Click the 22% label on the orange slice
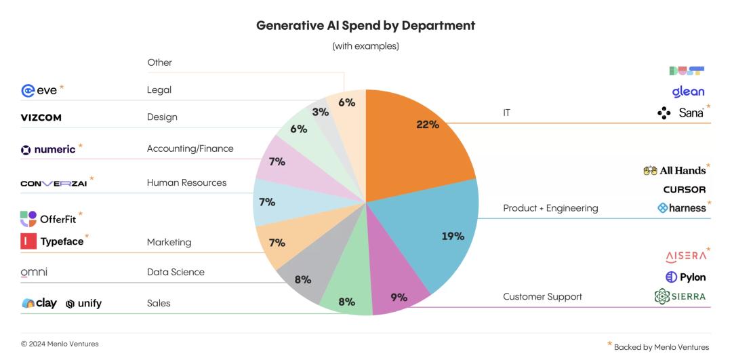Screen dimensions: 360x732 point(428,125)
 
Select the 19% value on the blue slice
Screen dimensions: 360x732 point(453,236)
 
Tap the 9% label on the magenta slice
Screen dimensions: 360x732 point(399,297)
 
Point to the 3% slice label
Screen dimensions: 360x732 point(321,112)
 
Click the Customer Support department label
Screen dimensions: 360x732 point(542,297)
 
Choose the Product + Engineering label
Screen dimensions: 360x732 point(550,208)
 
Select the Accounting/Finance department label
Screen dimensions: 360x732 point(190,148)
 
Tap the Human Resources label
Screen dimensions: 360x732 point(186,182)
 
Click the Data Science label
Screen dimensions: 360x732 point(176,272)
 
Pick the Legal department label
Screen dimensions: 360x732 point(159,89)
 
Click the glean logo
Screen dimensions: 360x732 point(688,91)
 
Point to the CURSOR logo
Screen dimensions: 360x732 point(684,190)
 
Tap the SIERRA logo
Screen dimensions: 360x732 point(680,296)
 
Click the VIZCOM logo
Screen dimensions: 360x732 point(41,118)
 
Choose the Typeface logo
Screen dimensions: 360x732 point(54,241)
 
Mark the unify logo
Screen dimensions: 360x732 point(84,304)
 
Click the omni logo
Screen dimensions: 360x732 point(34,272)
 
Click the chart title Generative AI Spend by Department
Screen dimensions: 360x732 point(365,26)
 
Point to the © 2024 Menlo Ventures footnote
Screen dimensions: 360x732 point(60,344)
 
